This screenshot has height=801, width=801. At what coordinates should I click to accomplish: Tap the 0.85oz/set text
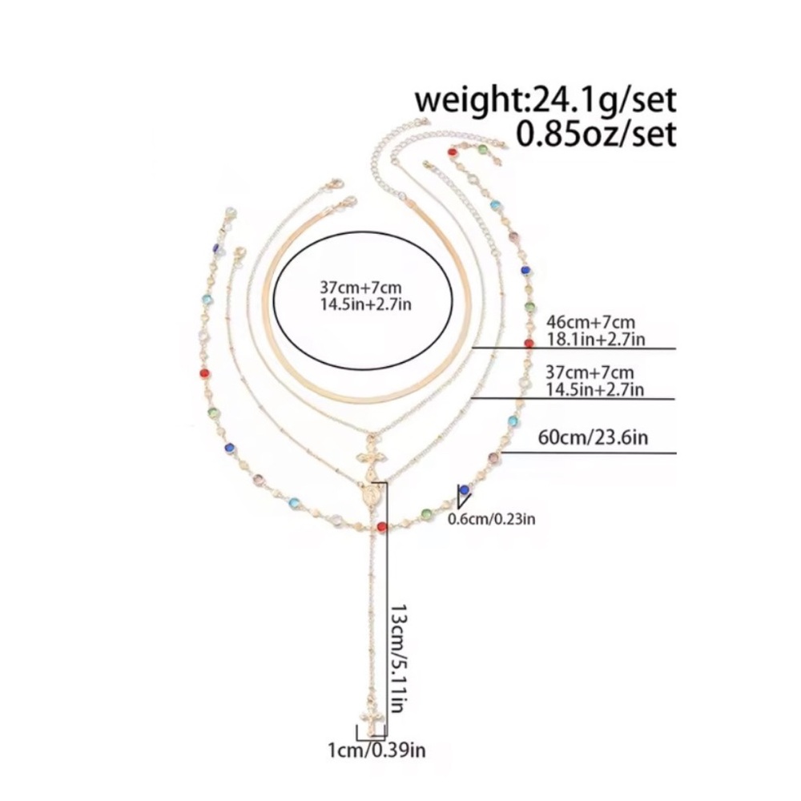pos(596,135)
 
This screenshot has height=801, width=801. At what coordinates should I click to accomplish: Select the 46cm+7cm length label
pos(590,322)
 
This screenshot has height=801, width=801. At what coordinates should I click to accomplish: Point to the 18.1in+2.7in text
pos(596,339)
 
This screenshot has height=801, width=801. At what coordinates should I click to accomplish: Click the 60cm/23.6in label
pos(593,438)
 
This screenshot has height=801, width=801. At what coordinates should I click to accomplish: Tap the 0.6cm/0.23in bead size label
pos(492,519)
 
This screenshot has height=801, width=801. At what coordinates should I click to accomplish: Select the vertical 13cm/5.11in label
pos(398,659)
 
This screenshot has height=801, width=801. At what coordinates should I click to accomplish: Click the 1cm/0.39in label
pos(376,751)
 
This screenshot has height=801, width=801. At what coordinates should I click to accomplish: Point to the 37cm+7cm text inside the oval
pos(360,287)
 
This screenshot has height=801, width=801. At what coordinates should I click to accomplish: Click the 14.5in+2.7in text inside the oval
pos(365,304)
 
